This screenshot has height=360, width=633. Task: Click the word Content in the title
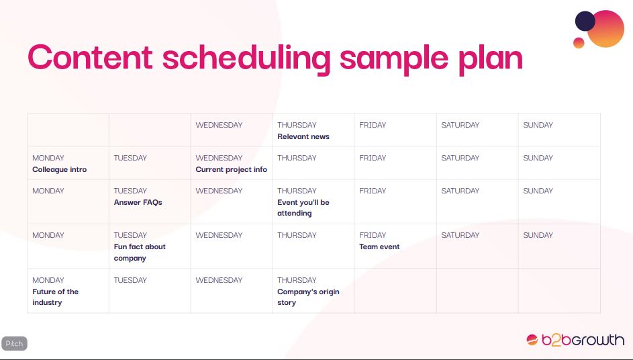(90, 57)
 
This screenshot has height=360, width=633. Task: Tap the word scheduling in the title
(246, 59)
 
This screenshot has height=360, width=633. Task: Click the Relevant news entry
(303, 136)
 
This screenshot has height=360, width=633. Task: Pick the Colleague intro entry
(59, 170)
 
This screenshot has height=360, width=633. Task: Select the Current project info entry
(232, 170)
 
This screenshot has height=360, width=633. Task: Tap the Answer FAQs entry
(138, 202)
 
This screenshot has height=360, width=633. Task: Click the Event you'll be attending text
(303, 208)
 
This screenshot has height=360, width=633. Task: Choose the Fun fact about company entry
(140, 252)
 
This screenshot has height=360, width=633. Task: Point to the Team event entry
(379, 246)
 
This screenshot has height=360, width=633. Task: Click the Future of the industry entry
(55, 297)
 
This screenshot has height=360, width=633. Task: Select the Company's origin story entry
(308, 297)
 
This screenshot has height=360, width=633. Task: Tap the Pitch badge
(14, 343)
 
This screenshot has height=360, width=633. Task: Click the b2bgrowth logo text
(583, 340)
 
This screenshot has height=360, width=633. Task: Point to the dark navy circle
(585, 21)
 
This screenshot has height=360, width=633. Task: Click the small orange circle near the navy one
(579, 43)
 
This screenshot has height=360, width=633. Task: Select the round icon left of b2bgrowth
(532, 340)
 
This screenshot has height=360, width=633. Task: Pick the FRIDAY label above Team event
(373, 235)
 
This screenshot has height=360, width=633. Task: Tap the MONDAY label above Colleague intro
(48, 158)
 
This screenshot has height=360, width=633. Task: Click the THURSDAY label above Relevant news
(297, 125)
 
